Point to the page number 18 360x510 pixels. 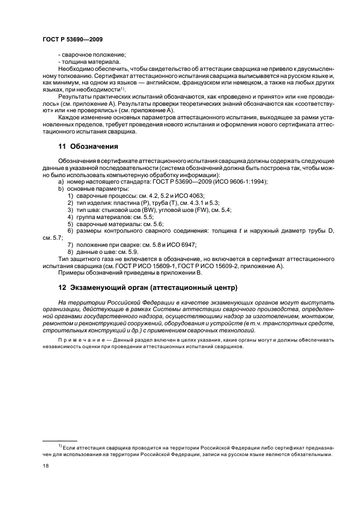[x=45, y=466]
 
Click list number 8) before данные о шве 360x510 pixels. [x=71, y=251]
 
